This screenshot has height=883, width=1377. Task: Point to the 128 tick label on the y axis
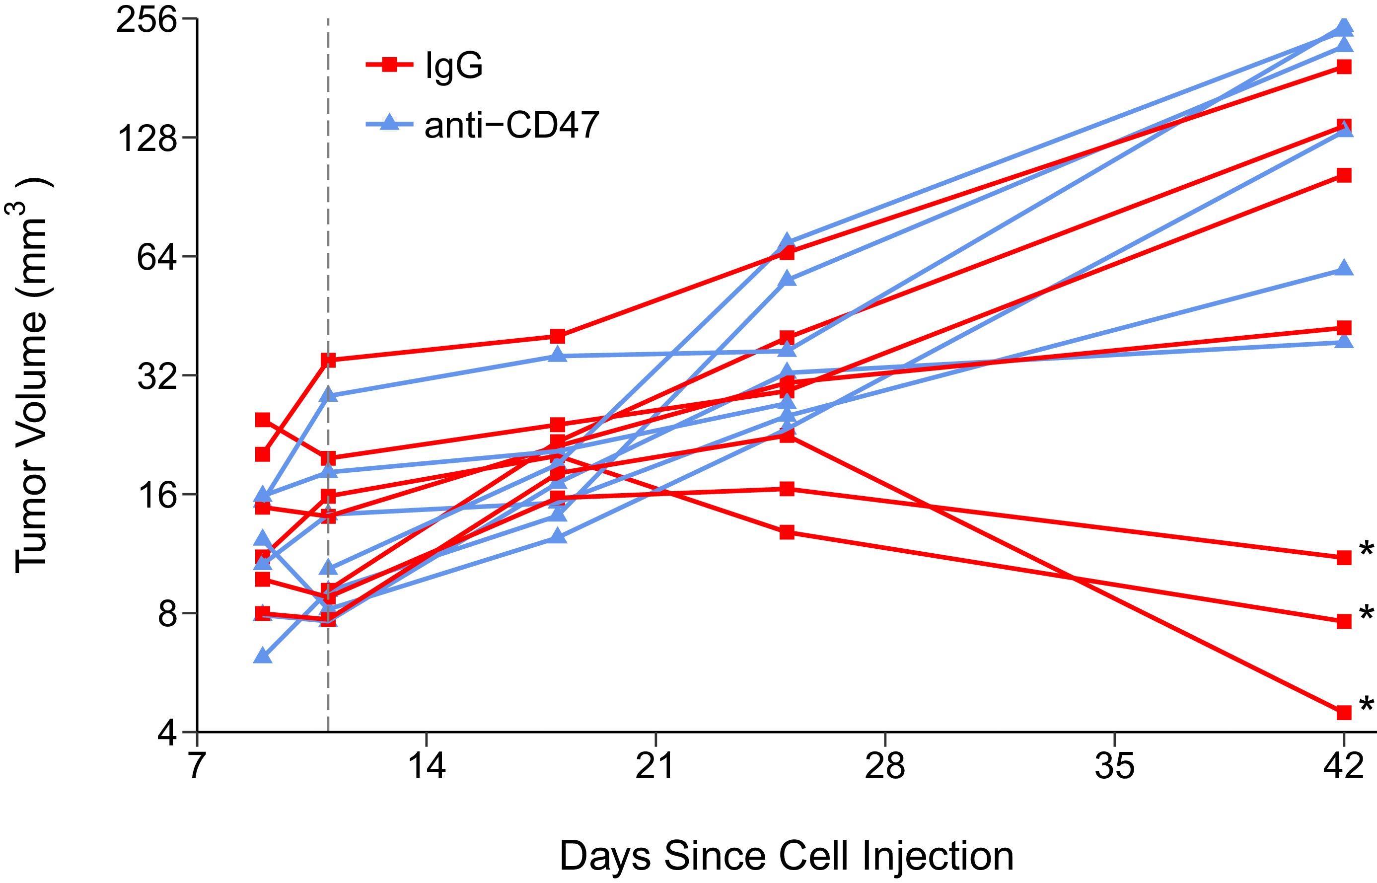pos(146,139)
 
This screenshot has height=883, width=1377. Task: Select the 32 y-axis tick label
pos(156,377)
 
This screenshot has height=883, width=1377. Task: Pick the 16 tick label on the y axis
pos(156,495)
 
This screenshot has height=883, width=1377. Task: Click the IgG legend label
pos(454,66)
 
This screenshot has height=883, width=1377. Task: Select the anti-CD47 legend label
pos(511,125)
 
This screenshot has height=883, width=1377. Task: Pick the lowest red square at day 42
pos(1344,713)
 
